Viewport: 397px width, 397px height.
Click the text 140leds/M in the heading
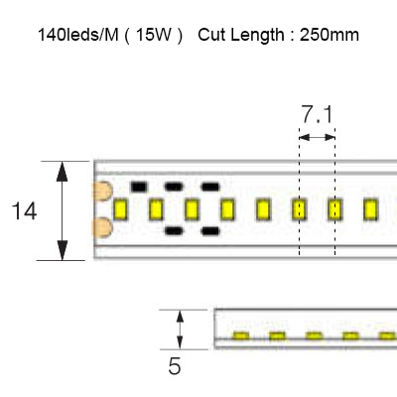78,35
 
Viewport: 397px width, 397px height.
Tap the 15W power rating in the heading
153,35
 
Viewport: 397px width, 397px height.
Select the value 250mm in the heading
330,35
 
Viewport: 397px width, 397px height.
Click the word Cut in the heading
211,35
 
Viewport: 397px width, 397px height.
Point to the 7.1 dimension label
317,115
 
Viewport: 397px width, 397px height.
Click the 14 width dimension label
24,211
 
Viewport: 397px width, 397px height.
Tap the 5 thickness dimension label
175,366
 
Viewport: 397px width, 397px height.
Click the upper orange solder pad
103,191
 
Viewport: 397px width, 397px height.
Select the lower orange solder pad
103,227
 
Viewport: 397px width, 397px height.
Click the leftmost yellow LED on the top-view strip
120,209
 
